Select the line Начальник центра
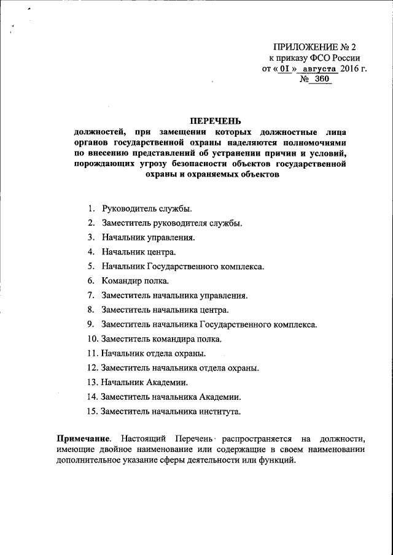tap(139, 251)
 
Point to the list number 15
tap(92, 411)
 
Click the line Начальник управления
tap(149, 237)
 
